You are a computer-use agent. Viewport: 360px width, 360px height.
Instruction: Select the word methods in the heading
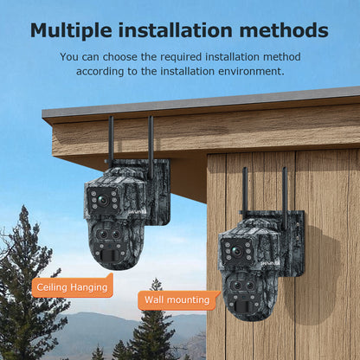287,29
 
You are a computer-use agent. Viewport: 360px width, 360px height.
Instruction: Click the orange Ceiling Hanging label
73,286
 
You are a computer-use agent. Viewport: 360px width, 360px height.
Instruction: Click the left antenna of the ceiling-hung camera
111,143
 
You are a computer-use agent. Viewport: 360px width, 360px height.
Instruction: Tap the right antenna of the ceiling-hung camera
151,147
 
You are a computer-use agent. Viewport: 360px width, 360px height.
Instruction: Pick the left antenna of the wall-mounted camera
245,192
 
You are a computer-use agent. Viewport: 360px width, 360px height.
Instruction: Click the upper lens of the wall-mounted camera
235,253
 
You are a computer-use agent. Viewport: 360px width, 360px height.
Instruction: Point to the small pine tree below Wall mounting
155,333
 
